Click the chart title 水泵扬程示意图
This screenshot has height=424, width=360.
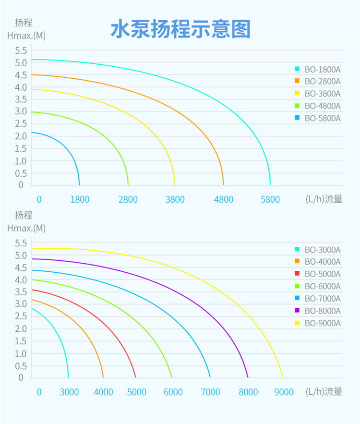point(180,30)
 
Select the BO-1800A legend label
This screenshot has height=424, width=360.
point(322,69)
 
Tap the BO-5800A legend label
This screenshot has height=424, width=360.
point(322,118)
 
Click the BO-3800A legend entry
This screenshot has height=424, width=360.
point(322,94)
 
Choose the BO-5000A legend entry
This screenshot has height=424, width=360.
point(322,274)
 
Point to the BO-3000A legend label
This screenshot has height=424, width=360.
point(322,250)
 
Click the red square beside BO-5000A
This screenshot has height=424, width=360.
point(297,274)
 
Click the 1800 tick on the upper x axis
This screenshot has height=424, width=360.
point(80,199)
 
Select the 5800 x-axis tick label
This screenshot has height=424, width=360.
point(270,199)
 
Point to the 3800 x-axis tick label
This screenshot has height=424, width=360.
point(175,199)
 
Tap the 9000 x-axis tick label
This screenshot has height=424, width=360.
point(284,392)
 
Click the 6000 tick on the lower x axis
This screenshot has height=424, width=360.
point(173,392)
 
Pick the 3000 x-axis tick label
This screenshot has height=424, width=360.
point(69,392)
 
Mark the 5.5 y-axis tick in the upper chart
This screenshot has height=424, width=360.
point(20,50)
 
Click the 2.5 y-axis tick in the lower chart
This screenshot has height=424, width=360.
point(20,317)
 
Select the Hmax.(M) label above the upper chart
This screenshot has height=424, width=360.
point(26,36)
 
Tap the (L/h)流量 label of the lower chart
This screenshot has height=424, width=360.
point(324,392)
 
